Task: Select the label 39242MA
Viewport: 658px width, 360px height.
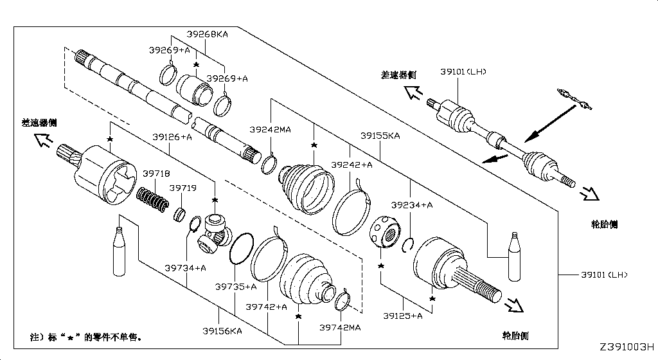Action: pos(270,129)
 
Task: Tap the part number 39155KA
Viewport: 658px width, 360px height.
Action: pos(380,136)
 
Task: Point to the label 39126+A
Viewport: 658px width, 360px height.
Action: pos(172,136)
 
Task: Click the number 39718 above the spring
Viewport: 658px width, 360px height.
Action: pos(156,173)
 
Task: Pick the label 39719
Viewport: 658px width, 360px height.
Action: pos(182,188)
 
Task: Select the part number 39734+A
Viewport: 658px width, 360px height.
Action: pos(185,267)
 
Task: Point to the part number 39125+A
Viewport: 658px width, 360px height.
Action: pos(402,316)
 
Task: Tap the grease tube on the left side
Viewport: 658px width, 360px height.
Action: pos(118,250)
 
